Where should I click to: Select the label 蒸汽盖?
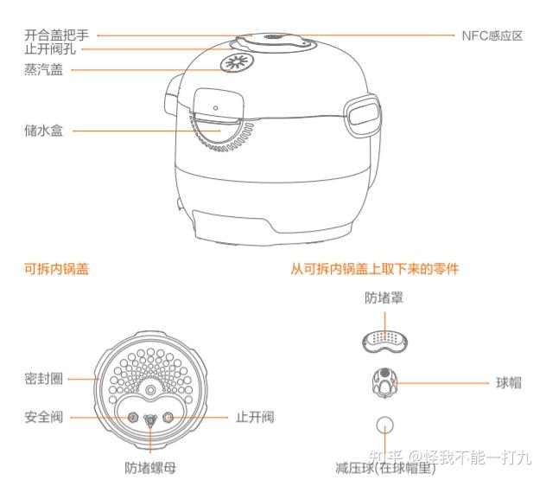(x=43, y=70)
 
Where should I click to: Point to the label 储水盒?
(x=43, y=131)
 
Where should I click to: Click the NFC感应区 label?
(x=492, y=35)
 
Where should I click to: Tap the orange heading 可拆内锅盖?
(x=55, y=269)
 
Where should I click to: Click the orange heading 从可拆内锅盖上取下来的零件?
(x=374, y=269)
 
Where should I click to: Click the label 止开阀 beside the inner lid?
(x=255, y=418)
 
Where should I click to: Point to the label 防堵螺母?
(x=150, y=468)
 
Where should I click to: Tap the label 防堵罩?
(x=384, y=298)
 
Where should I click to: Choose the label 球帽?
(x=509, y=382)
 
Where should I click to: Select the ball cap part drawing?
(x=384, y=382)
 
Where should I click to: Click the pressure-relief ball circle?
(x=384, y=425)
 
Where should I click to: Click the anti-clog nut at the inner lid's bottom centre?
(x=150, y=419)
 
